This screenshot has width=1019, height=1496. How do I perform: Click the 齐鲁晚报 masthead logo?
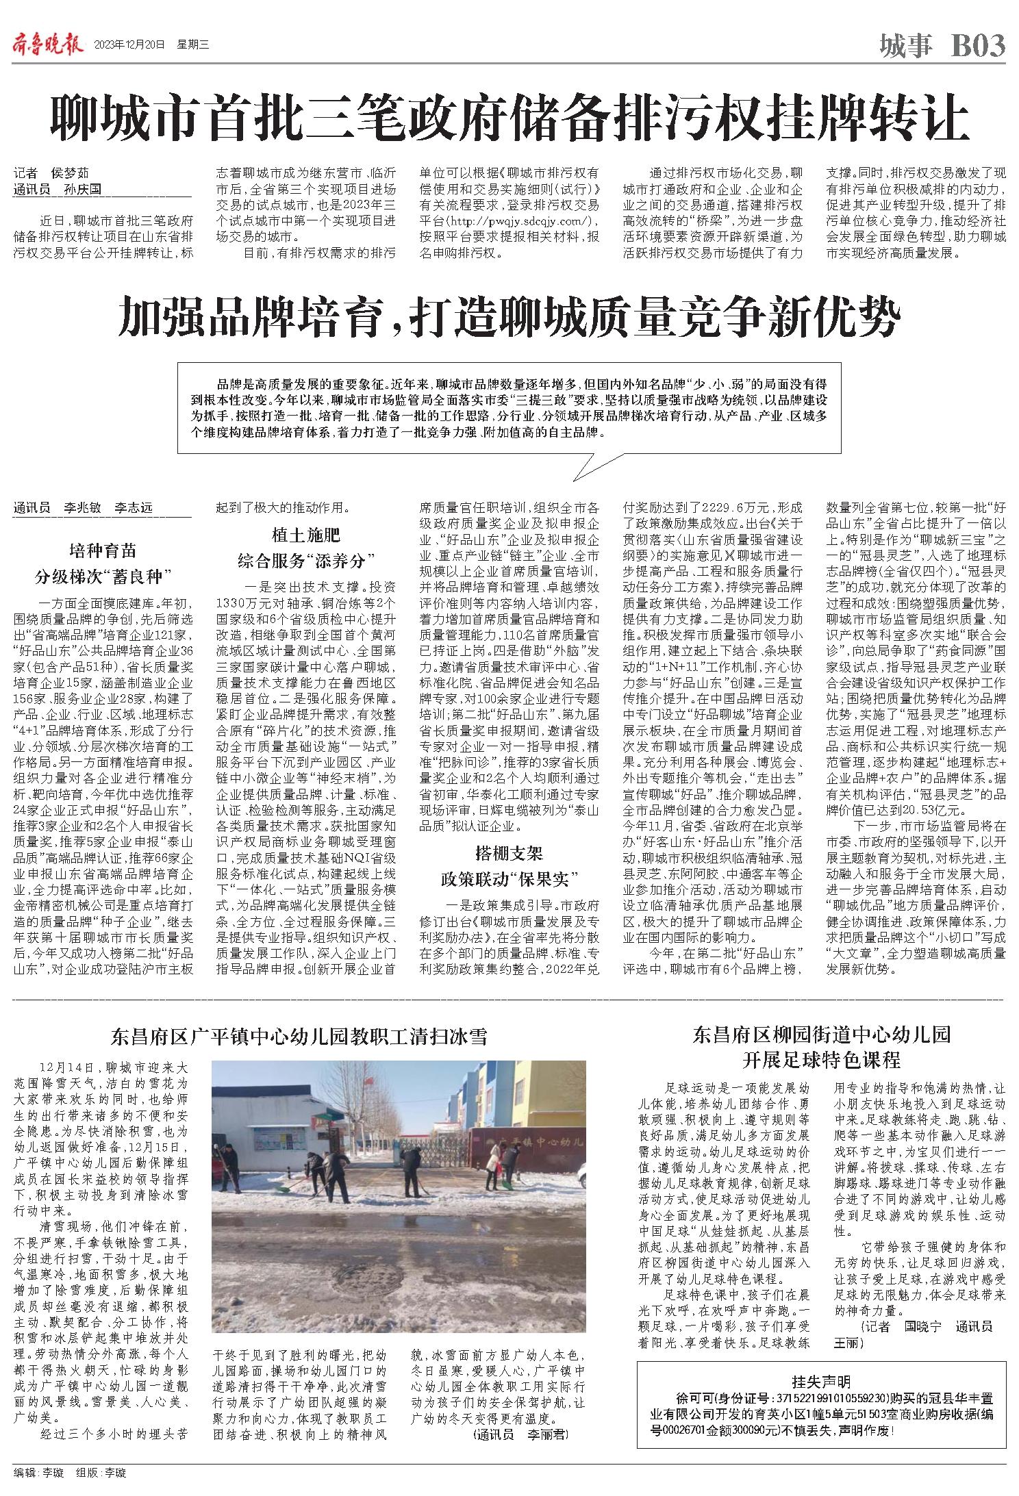coord(47,46)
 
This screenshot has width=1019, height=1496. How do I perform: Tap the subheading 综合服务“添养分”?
coord(306,561)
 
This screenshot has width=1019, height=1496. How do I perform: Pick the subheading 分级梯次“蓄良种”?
coord(103,576)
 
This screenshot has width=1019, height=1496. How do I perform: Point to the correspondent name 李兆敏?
coord(82,508)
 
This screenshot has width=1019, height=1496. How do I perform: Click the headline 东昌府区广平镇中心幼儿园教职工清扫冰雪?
coord(299,1037)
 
